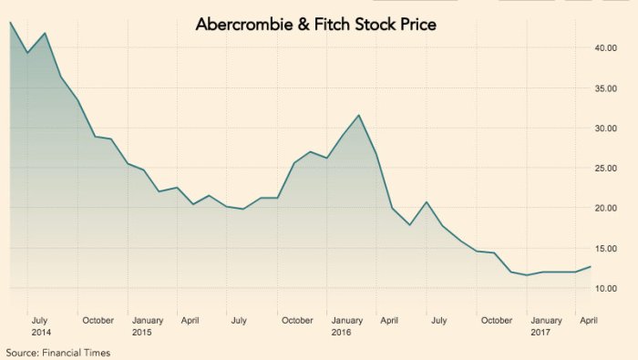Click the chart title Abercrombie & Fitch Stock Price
pyautogui.click(x=316, y=25)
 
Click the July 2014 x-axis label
pyautogui.click(x=40, y=325)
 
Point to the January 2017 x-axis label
pyautogui.click(x=546, y=325)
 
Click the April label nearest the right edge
pyautogui.click(x=588, y=320)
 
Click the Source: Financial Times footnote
pyautogui.click(x=57, y=352)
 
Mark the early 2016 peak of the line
pyautogui.click(x=359, y=115)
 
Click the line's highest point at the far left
pyautogui.click(x=10, y=22)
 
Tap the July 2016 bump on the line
pyautogui.click(x=426, y=202)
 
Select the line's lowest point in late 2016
pyautogui.click(x=527, y=275)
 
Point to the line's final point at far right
pyautogui.click(x=591, y=266)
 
